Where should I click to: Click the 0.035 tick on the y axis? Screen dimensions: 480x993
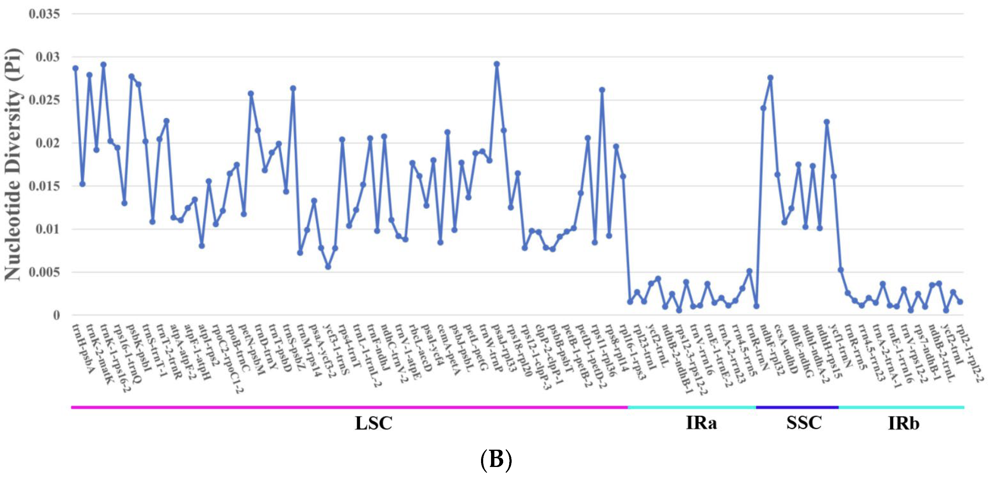[44, 14]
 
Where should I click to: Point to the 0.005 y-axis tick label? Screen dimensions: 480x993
[44, 272]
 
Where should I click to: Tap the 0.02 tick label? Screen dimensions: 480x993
[48, 143]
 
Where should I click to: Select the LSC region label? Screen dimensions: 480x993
[373, 423]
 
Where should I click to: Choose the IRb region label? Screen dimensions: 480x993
[903, 423]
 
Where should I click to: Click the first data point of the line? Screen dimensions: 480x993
[75, 68]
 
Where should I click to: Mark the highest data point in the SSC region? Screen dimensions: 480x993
[770, 78]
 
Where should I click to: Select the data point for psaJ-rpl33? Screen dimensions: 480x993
[497, 64]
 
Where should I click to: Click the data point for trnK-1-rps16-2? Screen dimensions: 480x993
[104, 65]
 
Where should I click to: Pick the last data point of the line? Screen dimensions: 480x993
[960, 302]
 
